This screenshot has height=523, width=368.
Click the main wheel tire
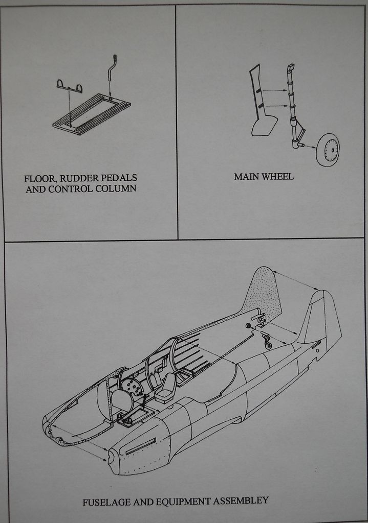[x=328, y=150]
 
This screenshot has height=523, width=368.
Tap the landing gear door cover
[x=261, y=110]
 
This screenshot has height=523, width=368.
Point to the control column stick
[x=111, y=72]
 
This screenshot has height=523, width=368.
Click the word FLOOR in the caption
[x=38, y=179]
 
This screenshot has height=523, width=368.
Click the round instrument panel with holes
[x=132, y=387]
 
